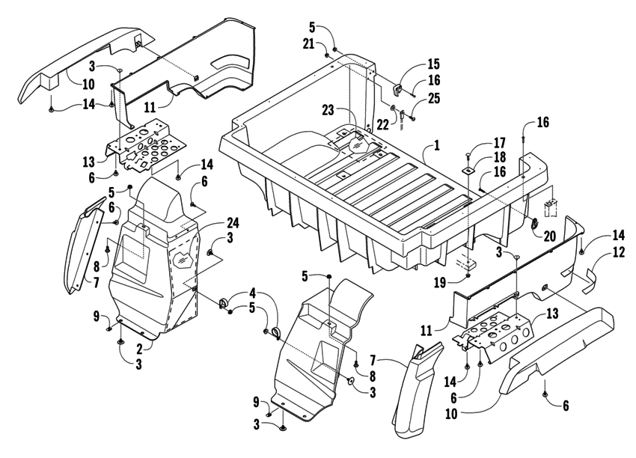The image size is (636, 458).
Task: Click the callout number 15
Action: coord(434,64)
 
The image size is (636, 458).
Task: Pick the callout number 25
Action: coord(434,99)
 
